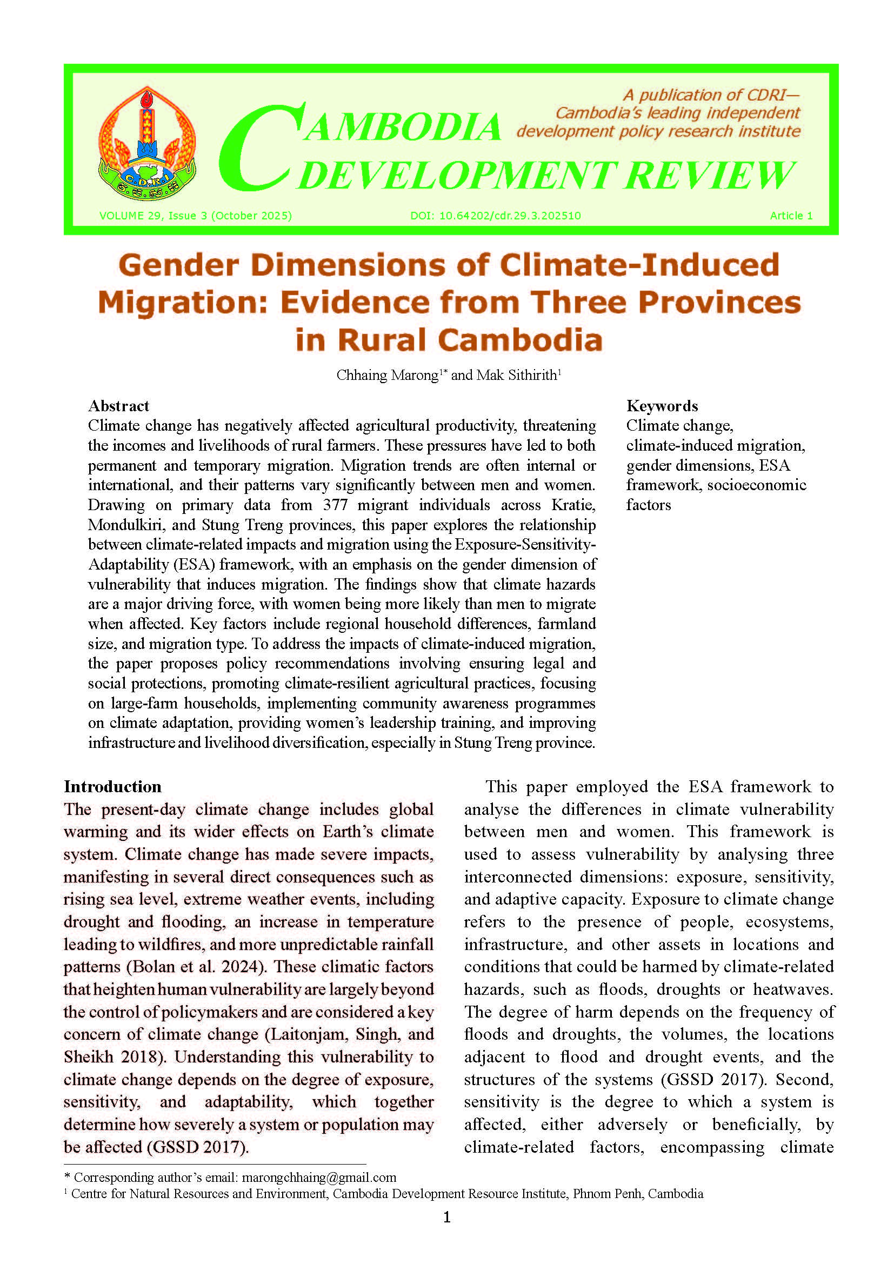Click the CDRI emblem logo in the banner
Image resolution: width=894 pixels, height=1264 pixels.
[x=147, y=144]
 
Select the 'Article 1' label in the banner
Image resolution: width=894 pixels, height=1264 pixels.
[x=791, y=216]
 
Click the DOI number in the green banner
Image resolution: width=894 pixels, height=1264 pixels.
[x=496, y=216]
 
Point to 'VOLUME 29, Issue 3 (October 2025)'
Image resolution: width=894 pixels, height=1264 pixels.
[x=196, y=216]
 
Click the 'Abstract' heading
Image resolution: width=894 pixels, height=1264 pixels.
[x=118, y=406]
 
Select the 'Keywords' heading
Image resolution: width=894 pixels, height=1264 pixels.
[x=662, y=406]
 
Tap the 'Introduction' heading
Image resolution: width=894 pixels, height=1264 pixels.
[x=112, y=786]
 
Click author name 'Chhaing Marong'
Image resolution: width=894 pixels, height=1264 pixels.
[x=387, y=376]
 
